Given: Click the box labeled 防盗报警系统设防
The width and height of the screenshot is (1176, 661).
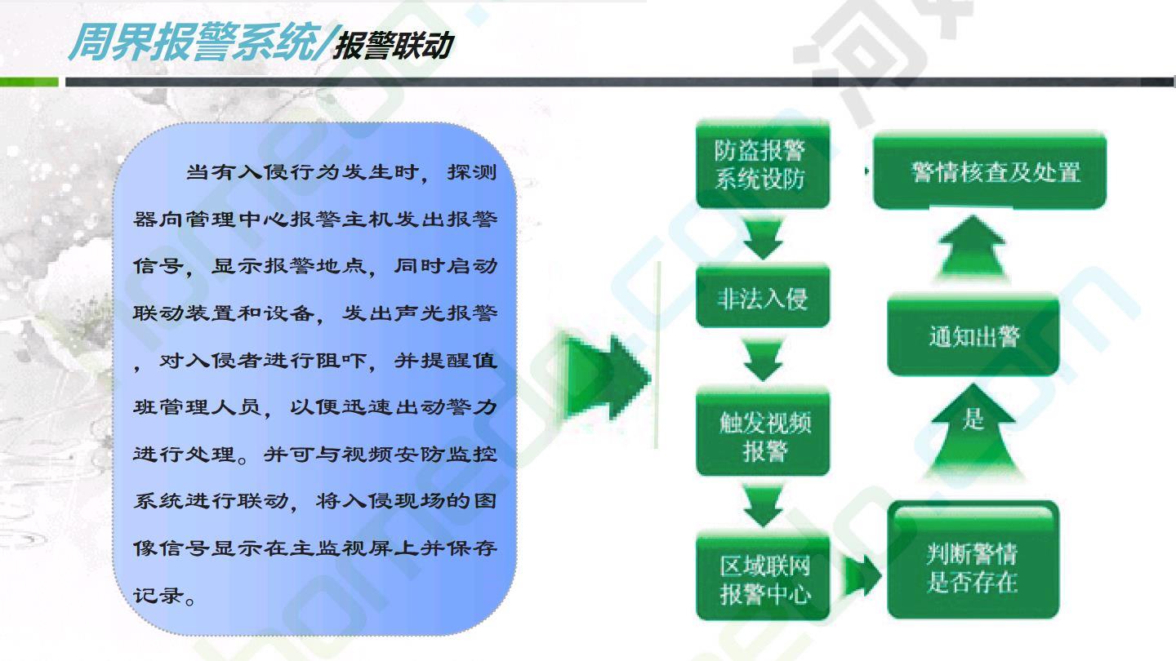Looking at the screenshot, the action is pos(763,164).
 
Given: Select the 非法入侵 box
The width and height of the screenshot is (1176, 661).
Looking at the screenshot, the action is pos(763,297).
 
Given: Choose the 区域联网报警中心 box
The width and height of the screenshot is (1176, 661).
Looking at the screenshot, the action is pos(763,576).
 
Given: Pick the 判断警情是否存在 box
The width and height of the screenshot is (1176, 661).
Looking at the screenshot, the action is pos(973,560).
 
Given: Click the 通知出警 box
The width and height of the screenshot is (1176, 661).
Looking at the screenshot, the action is pos(973,335).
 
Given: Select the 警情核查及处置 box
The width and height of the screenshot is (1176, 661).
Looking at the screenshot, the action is pos(990,170).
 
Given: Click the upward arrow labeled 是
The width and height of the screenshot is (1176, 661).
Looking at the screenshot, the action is pos(973,431).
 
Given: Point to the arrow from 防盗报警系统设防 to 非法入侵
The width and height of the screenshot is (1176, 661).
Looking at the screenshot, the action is pos(763,238).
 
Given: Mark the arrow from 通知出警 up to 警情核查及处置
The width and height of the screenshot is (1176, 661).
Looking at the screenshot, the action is pos(973,246).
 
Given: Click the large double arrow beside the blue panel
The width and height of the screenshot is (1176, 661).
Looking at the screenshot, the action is pos(607,377).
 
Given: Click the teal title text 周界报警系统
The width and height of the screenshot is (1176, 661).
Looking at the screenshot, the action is pos(194,42).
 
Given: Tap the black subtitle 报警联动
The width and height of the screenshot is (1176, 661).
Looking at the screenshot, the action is pos(394,46).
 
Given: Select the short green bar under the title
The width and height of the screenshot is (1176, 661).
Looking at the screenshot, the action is pos(29,82).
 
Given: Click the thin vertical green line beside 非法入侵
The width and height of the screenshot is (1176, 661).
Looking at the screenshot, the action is pos(657,355).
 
